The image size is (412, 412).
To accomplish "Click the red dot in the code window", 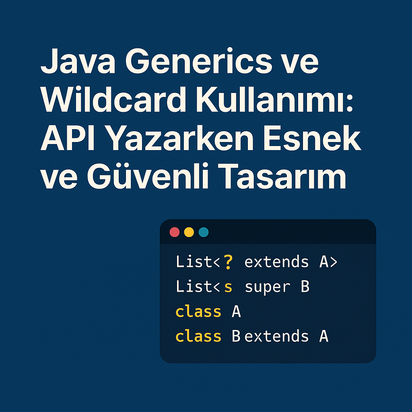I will (x=175, y=232).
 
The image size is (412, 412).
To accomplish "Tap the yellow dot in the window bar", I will (x=189, y=232).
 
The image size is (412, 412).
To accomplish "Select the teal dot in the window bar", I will (x=204, y=232).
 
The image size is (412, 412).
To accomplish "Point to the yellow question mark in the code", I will (x=228, y=262).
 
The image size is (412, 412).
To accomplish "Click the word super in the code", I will (x=267, y=287).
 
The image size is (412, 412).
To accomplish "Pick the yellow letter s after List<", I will (x=228, y=287).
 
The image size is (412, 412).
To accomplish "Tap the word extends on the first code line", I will (x=276, y=262).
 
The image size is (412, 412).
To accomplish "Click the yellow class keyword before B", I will (x=198, y=336).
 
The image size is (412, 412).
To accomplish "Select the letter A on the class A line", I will (x=236, y=311).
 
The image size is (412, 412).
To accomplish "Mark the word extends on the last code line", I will (x=276, y=336).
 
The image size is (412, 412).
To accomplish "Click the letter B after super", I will (x=305, y=287).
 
